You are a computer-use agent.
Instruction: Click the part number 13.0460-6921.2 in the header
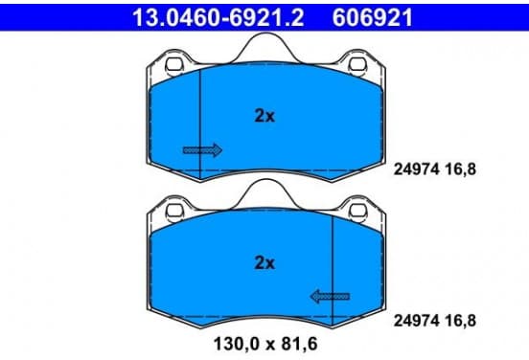pyautogui.click(x=218, y=17)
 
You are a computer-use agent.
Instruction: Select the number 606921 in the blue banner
pyautogui.click(x=373, y=17)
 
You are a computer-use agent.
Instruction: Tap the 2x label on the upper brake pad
pyautogui.click(x=264, y=116)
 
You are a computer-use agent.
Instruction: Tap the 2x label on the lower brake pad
pyautogui.click(x=264, y=262)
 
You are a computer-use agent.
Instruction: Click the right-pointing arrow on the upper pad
pyautogui.click(x=202, y=150)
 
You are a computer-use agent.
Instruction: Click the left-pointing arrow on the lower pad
pyautogui.click(x=330, y=297)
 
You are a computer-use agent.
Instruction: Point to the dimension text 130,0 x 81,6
pyautogui.click(x=265, y=344)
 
